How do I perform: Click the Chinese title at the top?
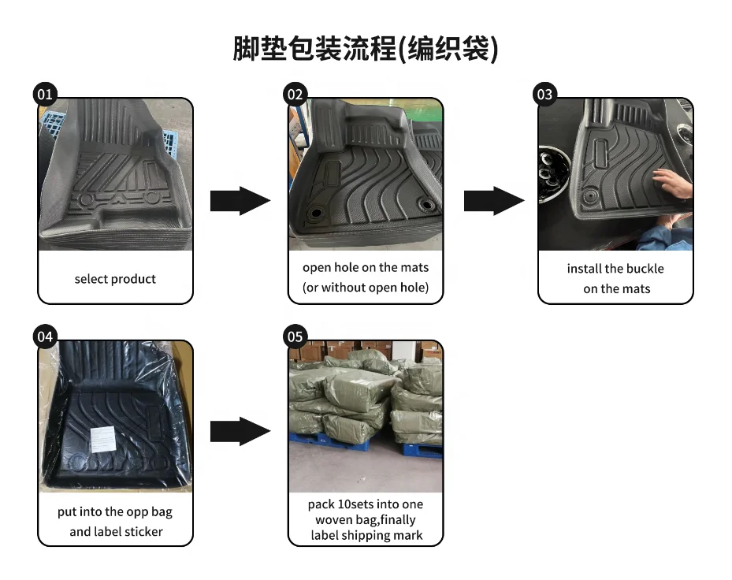coord(366,49)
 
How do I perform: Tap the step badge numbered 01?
coord(45,95)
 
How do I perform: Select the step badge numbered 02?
coord(295,95)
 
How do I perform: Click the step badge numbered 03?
coord(544,95)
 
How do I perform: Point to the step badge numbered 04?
coord(45,336)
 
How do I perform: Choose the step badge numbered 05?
coord(295,336)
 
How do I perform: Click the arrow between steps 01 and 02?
coord(240,201)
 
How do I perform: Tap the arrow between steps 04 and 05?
coord(240,431)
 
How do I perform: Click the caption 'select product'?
coord(115,279)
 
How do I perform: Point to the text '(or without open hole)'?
coord(366,288)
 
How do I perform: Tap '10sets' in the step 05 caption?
coord(359,504)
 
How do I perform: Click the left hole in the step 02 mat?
coord(317,214)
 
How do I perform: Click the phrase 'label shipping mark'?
coord(367,536)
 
